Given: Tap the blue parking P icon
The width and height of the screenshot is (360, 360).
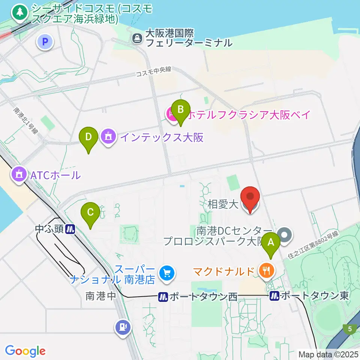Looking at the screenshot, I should coord(45,43).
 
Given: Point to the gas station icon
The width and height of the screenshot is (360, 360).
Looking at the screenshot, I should coord(122,327).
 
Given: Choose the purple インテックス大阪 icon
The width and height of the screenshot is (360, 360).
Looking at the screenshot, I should coord(108,137).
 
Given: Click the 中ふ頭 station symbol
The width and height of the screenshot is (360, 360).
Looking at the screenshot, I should coord(70,229).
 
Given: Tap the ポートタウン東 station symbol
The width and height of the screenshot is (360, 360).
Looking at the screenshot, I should coord(274,296).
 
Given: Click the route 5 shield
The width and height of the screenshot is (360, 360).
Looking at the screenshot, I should coord(350,329).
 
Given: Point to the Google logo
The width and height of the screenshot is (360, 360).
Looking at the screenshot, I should coord(25,351).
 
